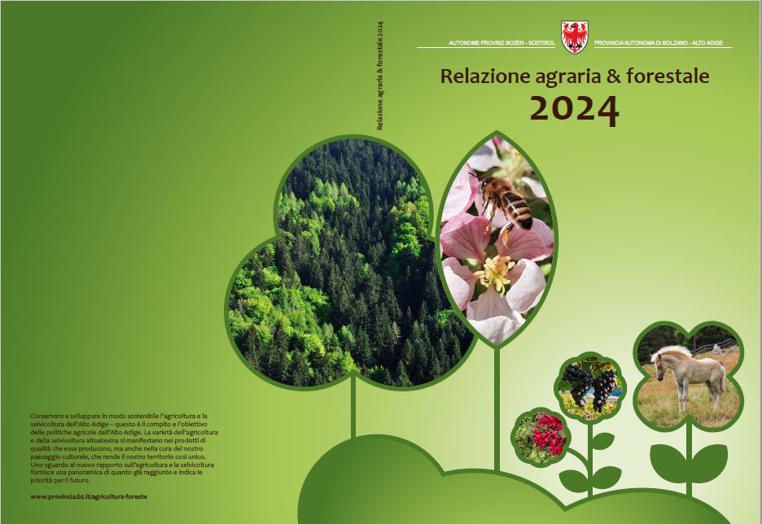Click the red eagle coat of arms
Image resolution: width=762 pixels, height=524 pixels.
click(x=575, y=37)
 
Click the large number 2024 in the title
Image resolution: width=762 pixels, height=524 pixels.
click(x=573, y=108)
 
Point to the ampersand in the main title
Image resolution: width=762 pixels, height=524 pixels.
click(x=605, y=76)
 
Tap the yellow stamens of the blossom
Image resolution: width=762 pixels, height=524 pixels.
click(x=495, y=273)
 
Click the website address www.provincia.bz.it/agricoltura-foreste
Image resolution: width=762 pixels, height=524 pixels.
click(x=89, y=496)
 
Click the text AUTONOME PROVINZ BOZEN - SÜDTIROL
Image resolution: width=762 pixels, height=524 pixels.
click(x=502, y=42)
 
